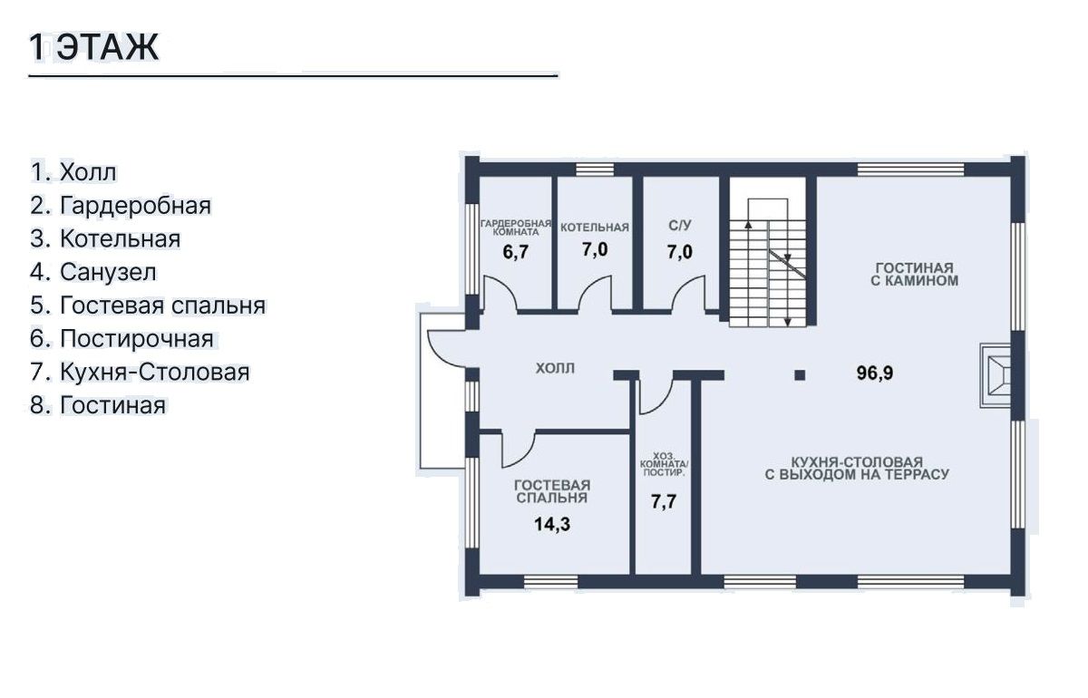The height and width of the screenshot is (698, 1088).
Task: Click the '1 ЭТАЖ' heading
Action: pyautogui.click(x=94, y=48)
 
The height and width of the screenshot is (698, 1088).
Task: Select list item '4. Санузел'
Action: pyautogui.click(x=93, y=272)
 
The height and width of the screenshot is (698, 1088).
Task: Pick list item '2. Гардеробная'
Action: pyautogui.click(x=121, y=206)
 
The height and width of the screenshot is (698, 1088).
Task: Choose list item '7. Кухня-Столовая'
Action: pyautogui.click(x=140, y=372)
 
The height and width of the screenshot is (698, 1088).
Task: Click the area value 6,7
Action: pyautogui.click(x=515, y=252)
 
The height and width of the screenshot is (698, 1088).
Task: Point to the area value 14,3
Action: pyautogui.click(x=552, y=524)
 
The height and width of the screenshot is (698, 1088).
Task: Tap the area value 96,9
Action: pyautogui.click(x=874, y=373)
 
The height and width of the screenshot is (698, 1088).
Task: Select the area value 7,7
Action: pyautogui.click(x=664, y=501)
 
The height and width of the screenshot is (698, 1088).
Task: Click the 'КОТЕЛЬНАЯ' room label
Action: pyautogui.click(x=595, y=228)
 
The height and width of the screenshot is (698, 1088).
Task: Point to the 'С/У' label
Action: pyautogui.click(x=679, y=226)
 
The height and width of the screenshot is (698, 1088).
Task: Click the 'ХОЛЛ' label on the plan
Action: pyautogui.click(x=555, y=368)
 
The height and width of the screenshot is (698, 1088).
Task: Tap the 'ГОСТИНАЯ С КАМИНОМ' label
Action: pyautogui.click(x=914, y=275)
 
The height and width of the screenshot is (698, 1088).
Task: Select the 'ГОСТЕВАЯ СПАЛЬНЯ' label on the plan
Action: pyautogui.click(x=552, y=491)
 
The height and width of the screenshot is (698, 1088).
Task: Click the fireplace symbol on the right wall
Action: pyautogui.click(x=996, y=375)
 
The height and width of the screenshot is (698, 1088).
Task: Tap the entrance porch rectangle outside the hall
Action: pyautogui.click(x=442, y=391)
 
